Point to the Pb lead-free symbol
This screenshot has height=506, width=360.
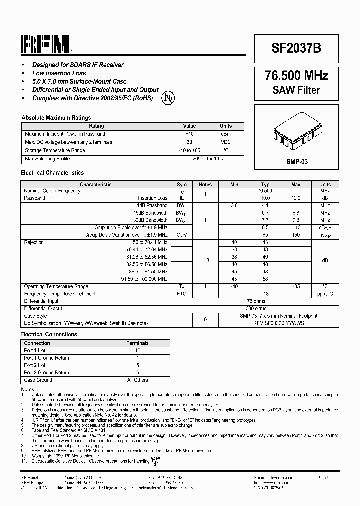[x=168, y=98]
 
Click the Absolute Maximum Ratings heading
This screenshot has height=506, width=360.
[x=56, y=118]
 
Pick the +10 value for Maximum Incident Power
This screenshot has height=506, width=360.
[x=189, y=134]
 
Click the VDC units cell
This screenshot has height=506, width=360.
[x=226, y=142]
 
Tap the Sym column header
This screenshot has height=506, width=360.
[x=182, y=184]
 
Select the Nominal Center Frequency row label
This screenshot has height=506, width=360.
[x=52, y=191]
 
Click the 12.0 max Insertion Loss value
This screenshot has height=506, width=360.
[x=296, y=198]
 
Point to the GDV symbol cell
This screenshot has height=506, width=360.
[x=182, y=235]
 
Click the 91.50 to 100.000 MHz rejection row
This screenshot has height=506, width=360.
[x=144, y=279]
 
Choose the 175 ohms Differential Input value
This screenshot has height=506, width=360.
[x=255, y=301]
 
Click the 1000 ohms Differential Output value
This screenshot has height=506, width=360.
[x=255, y=309]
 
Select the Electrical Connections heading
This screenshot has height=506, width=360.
[x=49, y=334]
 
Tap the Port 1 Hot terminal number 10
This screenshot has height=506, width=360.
[x=137, y=351]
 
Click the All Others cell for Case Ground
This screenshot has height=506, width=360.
[x=137, y=380]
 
